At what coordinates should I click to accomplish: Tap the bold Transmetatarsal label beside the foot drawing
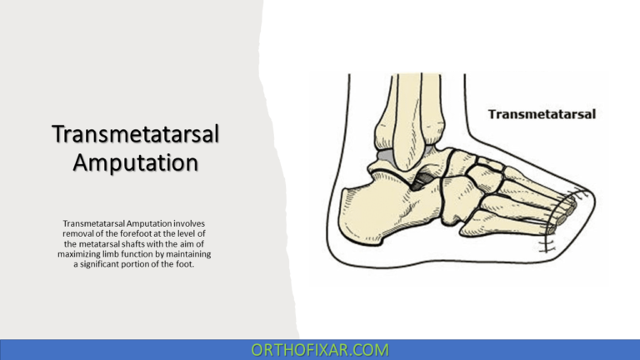tap(541, 114)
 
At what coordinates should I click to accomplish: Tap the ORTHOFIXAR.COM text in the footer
tap(319, 349)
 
